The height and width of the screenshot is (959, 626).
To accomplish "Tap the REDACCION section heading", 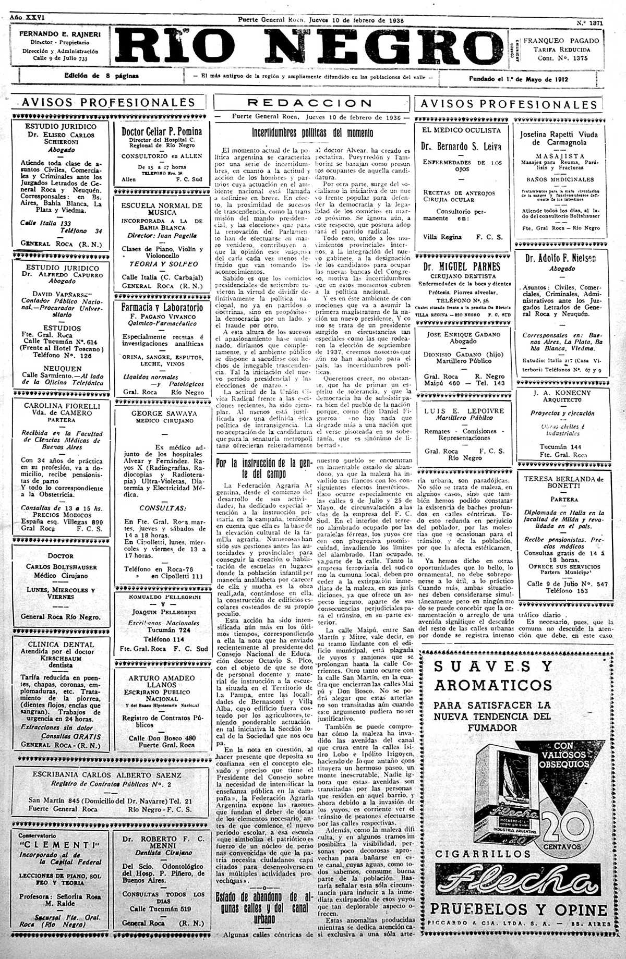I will click(x=309, y=103).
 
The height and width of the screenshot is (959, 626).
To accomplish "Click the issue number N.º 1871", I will click(x=589, y=23).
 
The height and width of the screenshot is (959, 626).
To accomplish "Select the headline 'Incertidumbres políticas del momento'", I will click(x=312, y=132).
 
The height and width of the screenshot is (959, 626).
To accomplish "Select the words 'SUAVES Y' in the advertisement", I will click(x=493, y=667).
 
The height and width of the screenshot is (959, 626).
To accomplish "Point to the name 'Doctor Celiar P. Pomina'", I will click(x=162, y=131).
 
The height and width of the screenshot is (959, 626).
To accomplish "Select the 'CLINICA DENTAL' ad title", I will click(x=61, y=644).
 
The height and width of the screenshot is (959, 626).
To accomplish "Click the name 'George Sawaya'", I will click(x=157, y=413).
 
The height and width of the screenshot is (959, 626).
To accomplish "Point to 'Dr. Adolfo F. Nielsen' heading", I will click(x=560, y=258).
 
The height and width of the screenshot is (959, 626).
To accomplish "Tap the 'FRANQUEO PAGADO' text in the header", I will click(x=561, y=40).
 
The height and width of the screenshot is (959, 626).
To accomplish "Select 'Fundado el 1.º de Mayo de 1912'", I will click(x=518, y=79).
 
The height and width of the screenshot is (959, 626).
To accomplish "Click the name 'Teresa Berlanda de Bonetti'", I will click(x=563, y=482).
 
